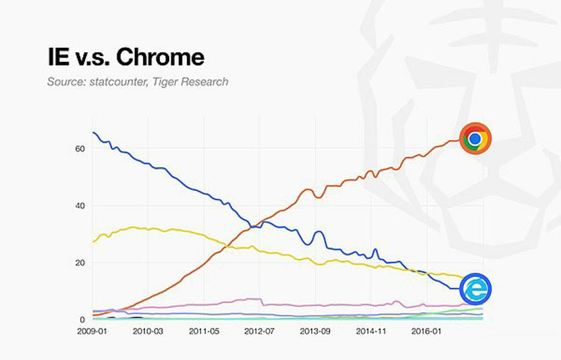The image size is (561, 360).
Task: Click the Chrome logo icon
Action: (474, 138)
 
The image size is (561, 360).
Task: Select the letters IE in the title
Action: (40, 57)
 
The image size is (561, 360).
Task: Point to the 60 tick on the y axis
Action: (80, 149)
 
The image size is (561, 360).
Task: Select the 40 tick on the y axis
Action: (80, 206)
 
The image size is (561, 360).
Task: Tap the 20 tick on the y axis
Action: (80, 263)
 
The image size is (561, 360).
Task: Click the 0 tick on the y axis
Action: (82, 320)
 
